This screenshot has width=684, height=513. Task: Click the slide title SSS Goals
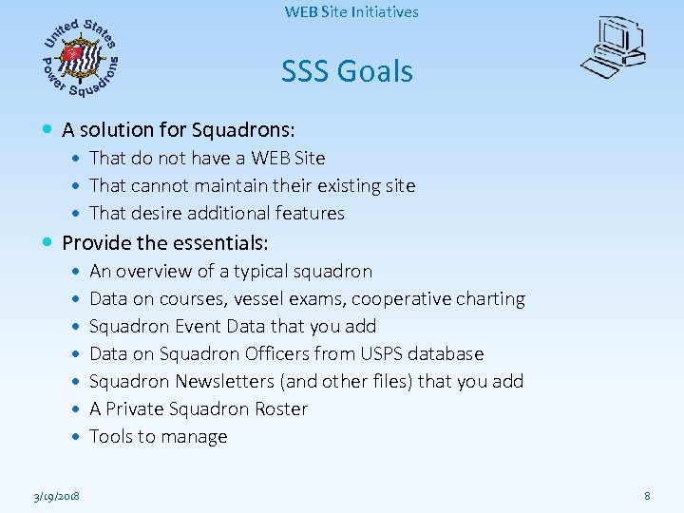[x=347, y=71]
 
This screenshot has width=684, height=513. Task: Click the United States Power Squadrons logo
[x=81, y=57]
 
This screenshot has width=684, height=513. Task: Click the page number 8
[x=647, y=496]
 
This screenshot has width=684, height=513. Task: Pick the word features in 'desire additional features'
[x=311, y=213]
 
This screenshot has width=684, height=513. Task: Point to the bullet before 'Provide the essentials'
[x=48, y=243]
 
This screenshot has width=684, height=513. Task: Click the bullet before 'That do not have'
[x=76, y=158]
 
